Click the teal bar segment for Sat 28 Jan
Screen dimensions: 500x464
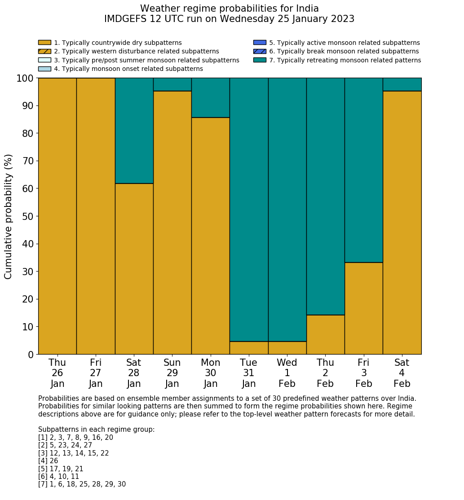coord(134,131)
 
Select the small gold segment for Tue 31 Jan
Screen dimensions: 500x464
coord(249,348)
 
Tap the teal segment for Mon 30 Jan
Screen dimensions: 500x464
coord(211,98)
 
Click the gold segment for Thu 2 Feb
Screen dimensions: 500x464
coord(325,334)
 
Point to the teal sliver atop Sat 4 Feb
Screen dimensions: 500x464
coord(402,84)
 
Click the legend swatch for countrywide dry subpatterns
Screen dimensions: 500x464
coord(44,43)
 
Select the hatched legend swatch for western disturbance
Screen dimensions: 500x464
coord(44,51)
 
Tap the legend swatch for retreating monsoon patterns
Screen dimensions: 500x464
coord(260,60)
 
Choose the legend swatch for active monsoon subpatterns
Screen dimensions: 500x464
coord(260,43)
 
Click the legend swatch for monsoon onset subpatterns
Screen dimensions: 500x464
coord(44,69)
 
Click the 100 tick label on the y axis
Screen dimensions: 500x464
coord(25,79)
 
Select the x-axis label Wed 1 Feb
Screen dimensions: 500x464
coord(287,373)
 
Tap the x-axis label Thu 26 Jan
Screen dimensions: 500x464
coord(57,373)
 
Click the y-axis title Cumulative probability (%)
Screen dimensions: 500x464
coord(9,216)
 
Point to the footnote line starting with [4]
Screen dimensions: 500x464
coord(48,461)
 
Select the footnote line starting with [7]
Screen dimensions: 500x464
coord(82,484)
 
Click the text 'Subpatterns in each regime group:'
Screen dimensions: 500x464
coord(96,430)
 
